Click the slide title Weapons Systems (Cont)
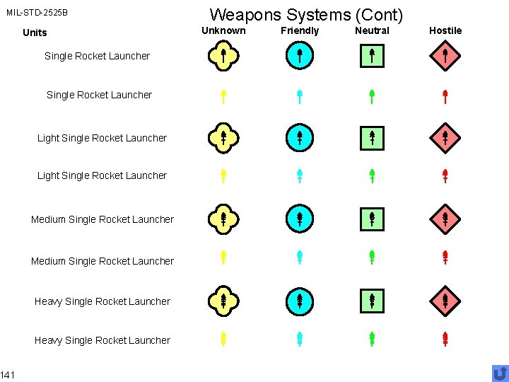[306, 14]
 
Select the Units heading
[35, 33]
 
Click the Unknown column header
[223, 30]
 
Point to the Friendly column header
[300, 30]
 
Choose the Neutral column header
[372, 30]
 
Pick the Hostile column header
[445, 30]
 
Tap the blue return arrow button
[500, 373]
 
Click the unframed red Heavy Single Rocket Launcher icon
[445, 340]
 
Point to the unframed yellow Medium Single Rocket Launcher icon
[223, 257]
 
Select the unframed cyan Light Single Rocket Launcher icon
[300, 176]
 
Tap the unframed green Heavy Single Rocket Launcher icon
[372, 340]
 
